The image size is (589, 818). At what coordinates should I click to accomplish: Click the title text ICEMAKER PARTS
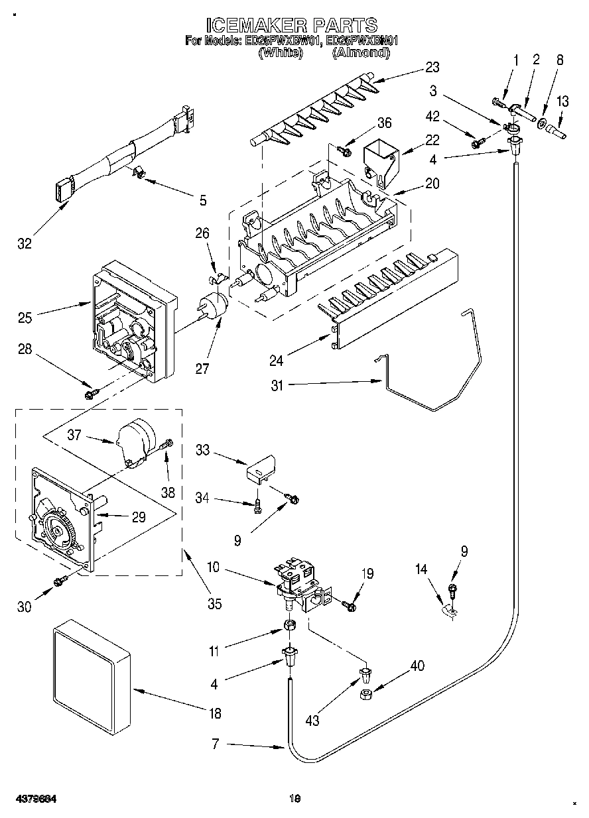(292, 25)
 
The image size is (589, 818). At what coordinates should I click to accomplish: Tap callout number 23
(432, 67)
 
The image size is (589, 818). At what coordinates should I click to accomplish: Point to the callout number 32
(25, 244)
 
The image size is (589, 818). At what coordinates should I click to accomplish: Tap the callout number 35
(214, 603)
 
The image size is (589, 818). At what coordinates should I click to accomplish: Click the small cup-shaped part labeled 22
(382, 159)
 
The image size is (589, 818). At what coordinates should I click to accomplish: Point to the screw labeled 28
(91, 394)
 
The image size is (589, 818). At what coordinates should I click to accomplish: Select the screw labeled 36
(344, 150)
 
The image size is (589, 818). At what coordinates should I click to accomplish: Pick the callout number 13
(562, 101)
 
